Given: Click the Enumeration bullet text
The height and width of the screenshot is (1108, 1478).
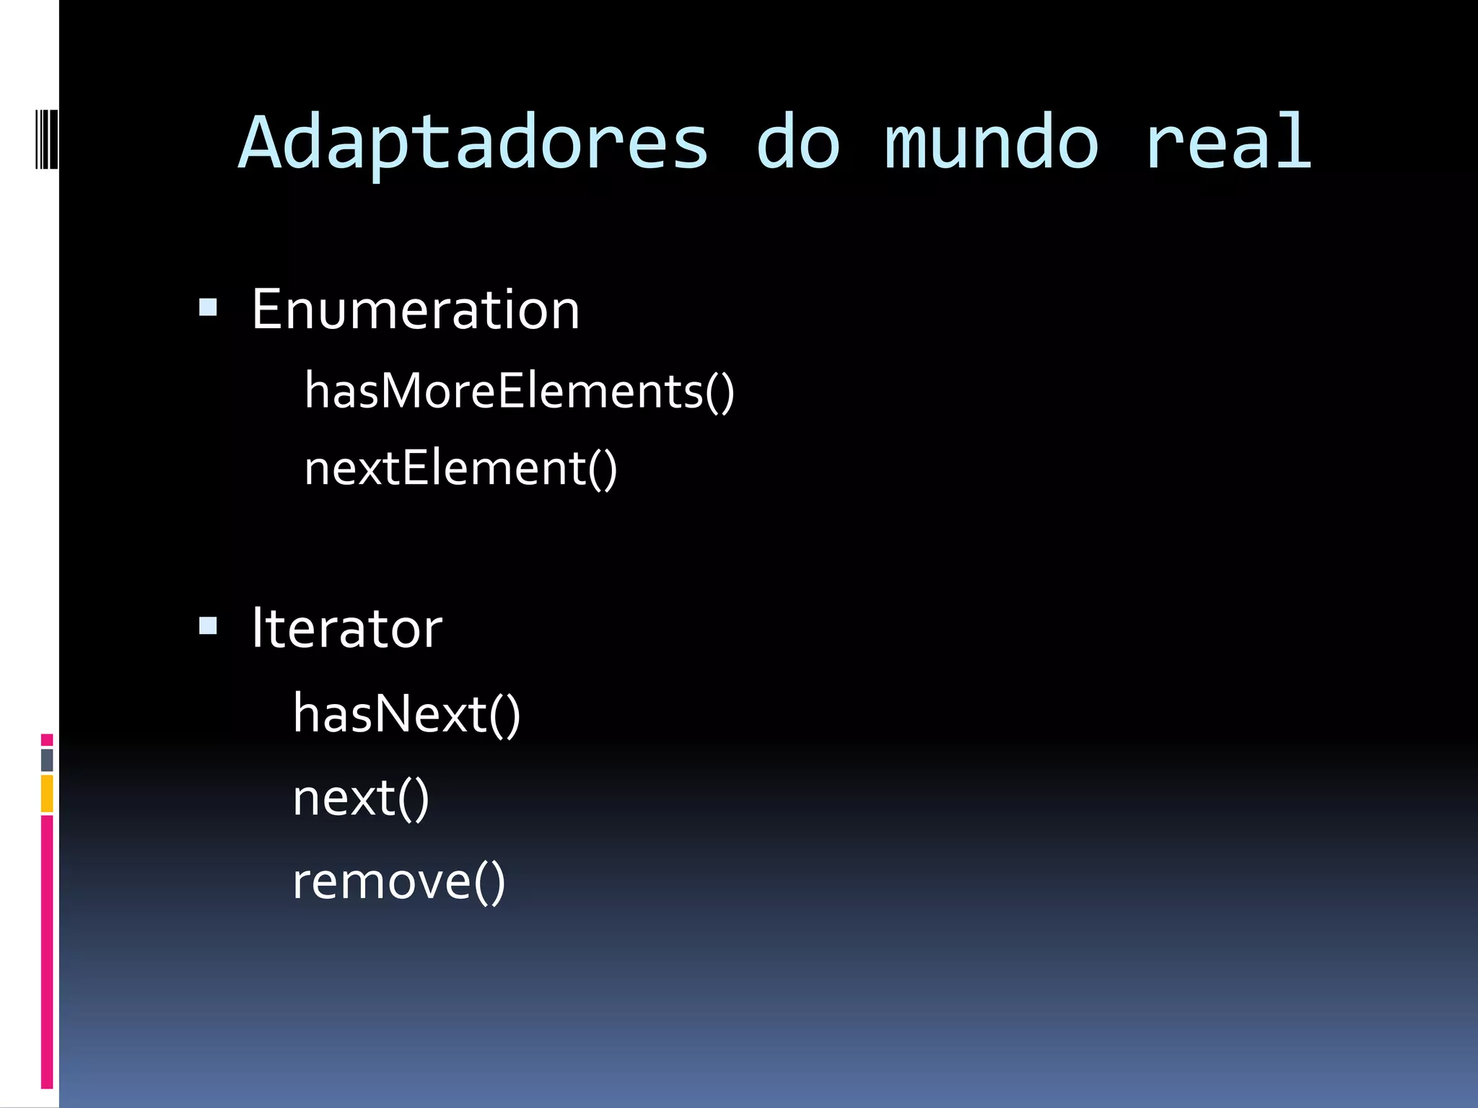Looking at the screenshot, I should pos(415,309).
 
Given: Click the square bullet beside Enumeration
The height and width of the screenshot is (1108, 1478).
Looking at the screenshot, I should pos(208,308).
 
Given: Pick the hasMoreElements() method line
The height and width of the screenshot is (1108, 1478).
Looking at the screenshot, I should pos(519,391).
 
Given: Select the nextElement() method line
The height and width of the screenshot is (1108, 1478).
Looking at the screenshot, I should pos(460,468).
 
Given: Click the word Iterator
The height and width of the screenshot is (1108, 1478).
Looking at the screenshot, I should pos(346,628).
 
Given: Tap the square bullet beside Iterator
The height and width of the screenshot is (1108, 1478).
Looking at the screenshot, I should pos(208,625).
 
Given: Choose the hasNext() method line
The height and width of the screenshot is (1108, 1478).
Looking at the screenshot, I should pos(406,714).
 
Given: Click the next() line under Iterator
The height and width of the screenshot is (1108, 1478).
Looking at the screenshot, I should pos(361,798).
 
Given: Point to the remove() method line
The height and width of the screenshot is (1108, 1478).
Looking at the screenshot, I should pos(398,881).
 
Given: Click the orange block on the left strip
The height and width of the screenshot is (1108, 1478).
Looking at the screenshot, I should pos(47,793).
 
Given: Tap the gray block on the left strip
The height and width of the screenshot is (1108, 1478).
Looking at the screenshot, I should pos(47,760).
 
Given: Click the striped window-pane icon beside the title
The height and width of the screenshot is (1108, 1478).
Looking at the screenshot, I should pos(47,138).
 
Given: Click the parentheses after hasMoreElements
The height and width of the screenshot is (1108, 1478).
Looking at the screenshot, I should pos(720,392).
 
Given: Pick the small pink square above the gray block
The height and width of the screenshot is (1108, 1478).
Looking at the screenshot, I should pos(47,739).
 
